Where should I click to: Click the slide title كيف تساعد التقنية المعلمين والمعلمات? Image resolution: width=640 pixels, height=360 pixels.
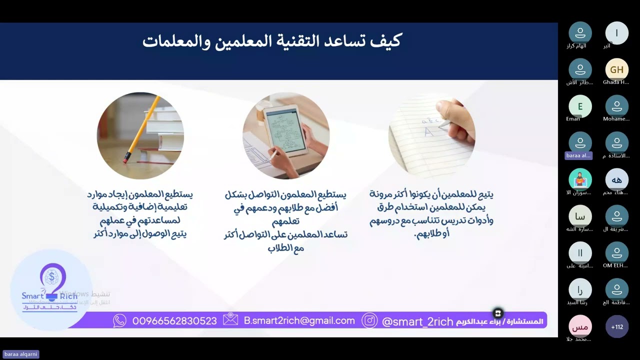(x=271, y=41)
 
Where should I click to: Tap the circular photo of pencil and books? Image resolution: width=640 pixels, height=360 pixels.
(x=140, y=135)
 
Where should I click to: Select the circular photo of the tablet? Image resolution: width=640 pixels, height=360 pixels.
(x=286, y=135)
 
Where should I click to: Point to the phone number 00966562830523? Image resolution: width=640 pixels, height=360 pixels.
(x=174, y=321)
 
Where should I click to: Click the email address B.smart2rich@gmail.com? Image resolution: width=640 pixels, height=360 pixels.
(x=299, y=321)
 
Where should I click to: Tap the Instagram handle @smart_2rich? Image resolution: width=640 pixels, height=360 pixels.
(x=417, y=321)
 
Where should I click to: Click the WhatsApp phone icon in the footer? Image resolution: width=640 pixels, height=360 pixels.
(x=120, y=321)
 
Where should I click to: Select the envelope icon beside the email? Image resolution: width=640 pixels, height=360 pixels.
(x=230, y=320)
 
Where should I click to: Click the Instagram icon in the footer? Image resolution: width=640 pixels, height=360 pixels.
(x=369, y=320)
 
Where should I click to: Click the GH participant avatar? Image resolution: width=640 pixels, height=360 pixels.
(x=616, y=70)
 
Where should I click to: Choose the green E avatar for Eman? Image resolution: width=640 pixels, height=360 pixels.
(x=580, y=106)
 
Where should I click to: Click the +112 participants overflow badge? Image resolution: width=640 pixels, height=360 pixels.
(x=616, y=327)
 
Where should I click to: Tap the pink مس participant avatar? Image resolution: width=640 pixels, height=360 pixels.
(x=580, y=327)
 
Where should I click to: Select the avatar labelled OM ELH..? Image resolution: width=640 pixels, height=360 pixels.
(x=616, y=253)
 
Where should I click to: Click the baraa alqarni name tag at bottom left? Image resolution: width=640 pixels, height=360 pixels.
(x=21, y=354)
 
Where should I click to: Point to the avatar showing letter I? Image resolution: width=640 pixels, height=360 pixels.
(x=616, y=33)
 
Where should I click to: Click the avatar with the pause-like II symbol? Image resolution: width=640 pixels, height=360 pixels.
(x=580, y=253)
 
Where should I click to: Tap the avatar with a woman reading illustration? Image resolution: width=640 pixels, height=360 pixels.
(x=580, y=179)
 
